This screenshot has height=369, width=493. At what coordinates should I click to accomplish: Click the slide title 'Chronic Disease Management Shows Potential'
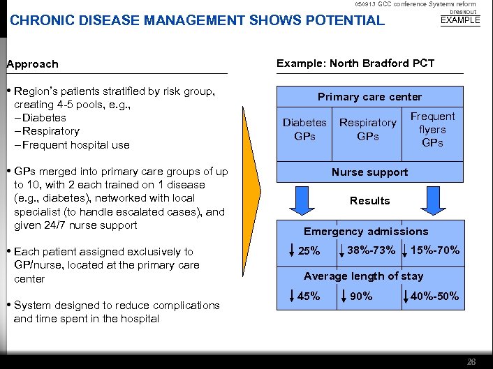click(x=197, y=20)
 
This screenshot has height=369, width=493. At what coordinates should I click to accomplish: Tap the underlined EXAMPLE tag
click(x=460, y=20)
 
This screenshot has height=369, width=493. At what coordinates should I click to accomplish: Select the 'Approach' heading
click(x=33, y=64)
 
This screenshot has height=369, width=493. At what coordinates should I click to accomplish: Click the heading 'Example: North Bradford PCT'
click(x=355, y=63)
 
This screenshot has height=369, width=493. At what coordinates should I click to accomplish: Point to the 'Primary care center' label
click(x=369, y=97)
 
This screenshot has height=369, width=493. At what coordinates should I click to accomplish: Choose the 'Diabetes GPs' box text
click(x=304, y=129)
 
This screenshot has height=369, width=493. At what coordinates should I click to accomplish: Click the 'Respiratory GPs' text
click(x=367, y=129)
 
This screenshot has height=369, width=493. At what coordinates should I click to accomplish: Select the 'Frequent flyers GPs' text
click(x=432, y=129)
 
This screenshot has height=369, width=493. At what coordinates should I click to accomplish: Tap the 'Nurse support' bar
click(x=369, y=172)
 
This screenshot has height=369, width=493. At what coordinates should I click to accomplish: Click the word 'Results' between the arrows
click(x=369, y=201)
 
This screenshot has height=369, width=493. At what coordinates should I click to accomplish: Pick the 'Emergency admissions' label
click(x=366, y=232)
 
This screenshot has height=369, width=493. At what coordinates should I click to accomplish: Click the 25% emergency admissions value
click(x=309, y=251)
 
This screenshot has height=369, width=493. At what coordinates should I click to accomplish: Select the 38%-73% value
click(x=371, y=250)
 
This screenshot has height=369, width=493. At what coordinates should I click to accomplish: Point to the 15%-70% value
click(x=435, y=250)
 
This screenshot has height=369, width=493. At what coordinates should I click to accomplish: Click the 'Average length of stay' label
click(x=363, y=276)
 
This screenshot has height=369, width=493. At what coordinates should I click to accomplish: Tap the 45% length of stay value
click(x=309, y=296)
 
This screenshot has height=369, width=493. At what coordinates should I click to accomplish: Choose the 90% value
click(x=362, y=296)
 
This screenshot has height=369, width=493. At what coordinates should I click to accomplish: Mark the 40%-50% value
click(x=435, y=296)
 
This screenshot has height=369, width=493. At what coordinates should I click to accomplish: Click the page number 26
click(x=471, y=361)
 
